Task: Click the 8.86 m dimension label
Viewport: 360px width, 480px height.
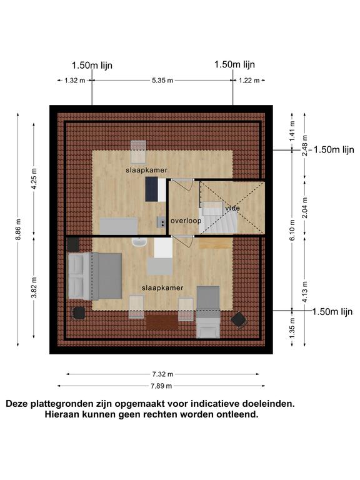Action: tap(18, 229)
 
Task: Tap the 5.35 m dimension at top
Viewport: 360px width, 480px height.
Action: tap(162, 81)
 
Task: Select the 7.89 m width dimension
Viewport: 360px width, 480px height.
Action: tap(161, 386)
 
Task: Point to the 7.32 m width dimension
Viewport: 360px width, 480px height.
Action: tap(162, 374)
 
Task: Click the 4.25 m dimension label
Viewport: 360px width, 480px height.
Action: tap(34, 179)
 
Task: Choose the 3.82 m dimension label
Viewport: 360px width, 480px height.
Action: tap(34, 287)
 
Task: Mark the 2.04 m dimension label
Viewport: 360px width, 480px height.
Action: tap(305, 208)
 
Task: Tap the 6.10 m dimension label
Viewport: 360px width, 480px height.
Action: tap(292, 229)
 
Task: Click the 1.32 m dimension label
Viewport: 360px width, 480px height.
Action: tap(75, 81)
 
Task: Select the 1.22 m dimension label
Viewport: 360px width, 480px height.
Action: tap(249, 81)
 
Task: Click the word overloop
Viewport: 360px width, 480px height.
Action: tap(186, 221)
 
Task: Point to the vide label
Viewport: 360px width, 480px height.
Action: tap(232, 208)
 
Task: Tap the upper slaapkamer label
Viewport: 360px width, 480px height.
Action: tap(147, 170)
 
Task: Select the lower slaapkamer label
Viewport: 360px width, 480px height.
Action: tap(162, 287)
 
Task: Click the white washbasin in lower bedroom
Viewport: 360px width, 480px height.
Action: tap(139, 242)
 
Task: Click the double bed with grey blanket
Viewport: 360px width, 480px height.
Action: tap(94, 276)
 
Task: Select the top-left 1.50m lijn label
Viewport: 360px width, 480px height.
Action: tap(92, 65)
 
